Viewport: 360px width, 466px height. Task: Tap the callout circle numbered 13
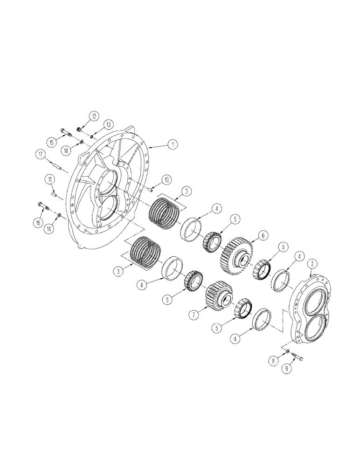108,124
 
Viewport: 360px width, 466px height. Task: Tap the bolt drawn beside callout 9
298,356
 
